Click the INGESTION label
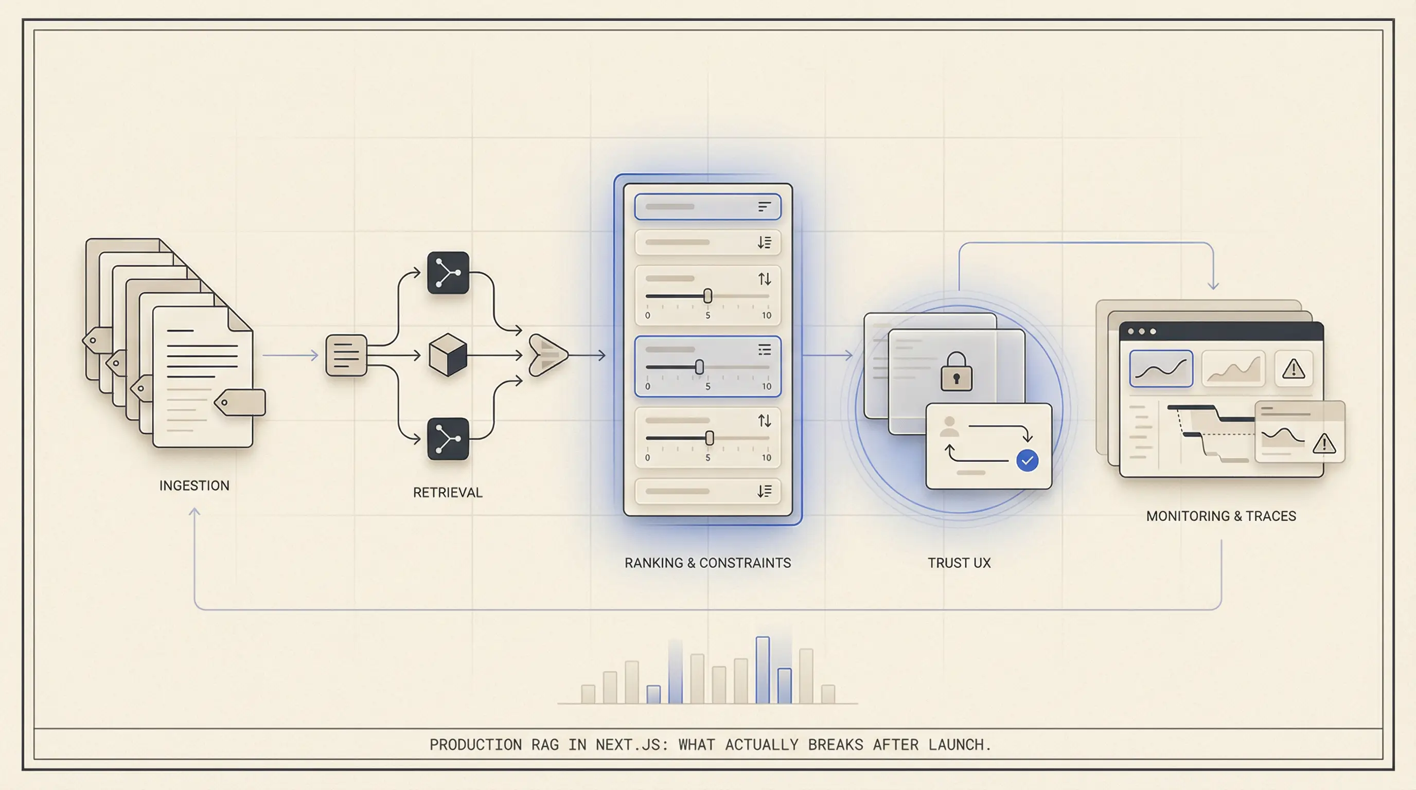[194, 486]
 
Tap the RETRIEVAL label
[448, 493]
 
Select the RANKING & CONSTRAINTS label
[707, 563]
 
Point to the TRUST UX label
[959, 563]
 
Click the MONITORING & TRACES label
[1221, 516]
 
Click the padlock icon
[957, 372]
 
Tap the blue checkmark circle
[1027, 460]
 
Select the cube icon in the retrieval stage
[448, 355]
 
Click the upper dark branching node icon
[448, 273]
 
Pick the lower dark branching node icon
[448, 439]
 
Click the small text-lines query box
[346, 355]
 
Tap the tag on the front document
[240, 403]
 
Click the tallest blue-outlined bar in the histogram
[763, 670]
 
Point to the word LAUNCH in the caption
[959, 744]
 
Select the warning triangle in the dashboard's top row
[1294, 369]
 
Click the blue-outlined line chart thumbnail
[1161, 369]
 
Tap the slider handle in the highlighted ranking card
[699, 367]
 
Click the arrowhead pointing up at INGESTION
[194, 512]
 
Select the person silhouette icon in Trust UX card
[949, 426]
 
